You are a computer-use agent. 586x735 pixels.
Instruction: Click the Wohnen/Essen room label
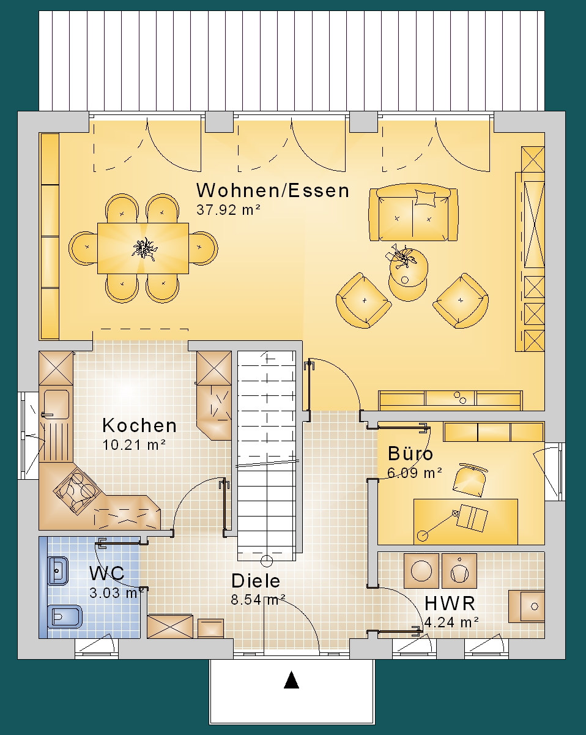pos(273,190)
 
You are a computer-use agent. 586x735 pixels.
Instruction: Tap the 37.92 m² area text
pos(228,210)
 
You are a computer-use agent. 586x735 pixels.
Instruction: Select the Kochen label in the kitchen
pos(139,425)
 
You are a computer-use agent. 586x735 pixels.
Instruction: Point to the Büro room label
pos(410,454)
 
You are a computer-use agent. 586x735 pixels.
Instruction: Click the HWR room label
pos(450,603)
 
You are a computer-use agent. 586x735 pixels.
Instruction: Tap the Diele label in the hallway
pos(256,581)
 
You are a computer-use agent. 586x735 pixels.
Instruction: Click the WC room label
pos(107,573)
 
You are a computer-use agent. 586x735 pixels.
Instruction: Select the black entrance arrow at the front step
pos(291,680)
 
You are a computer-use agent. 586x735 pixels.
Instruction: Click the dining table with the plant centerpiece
pos(143,248)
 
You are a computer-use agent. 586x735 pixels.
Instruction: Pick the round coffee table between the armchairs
pos(408,275)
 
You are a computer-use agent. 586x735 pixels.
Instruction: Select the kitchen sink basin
pos(56,404)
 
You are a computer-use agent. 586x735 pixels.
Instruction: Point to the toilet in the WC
pos(65,617)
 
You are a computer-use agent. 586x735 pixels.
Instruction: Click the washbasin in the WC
pos(57,570)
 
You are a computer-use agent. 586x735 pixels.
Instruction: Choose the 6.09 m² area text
pos(415,473)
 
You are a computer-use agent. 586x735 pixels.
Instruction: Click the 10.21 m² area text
pos(134,445)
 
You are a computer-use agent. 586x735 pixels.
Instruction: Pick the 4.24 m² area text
pos(451,622)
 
